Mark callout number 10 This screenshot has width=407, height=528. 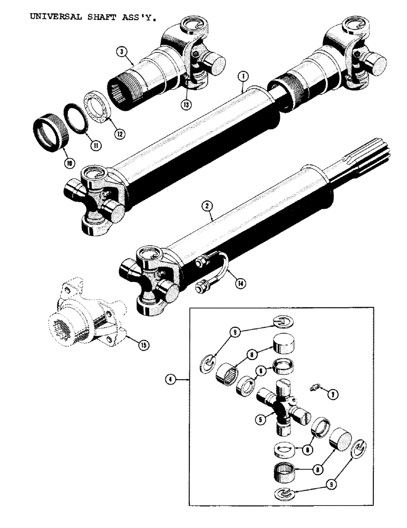coord(68,164)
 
